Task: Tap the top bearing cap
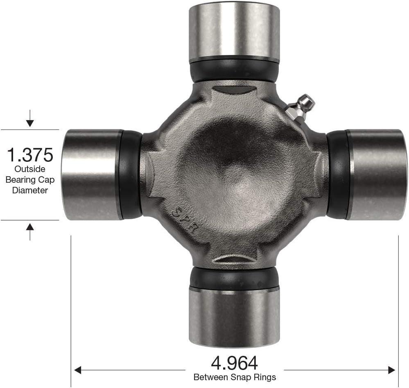click(234, 31)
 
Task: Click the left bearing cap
click(91, 175)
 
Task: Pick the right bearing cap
click(377, 175)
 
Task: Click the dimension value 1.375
click(30, 155)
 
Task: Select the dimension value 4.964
click(234, 363)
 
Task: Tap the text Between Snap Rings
click(235, 377)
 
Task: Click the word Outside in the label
click(30, 169)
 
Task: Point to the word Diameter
click(30, 190)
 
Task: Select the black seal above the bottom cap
click(234, 279)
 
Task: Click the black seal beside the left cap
click(131, 175)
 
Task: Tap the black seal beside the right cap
click(337, 175)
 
